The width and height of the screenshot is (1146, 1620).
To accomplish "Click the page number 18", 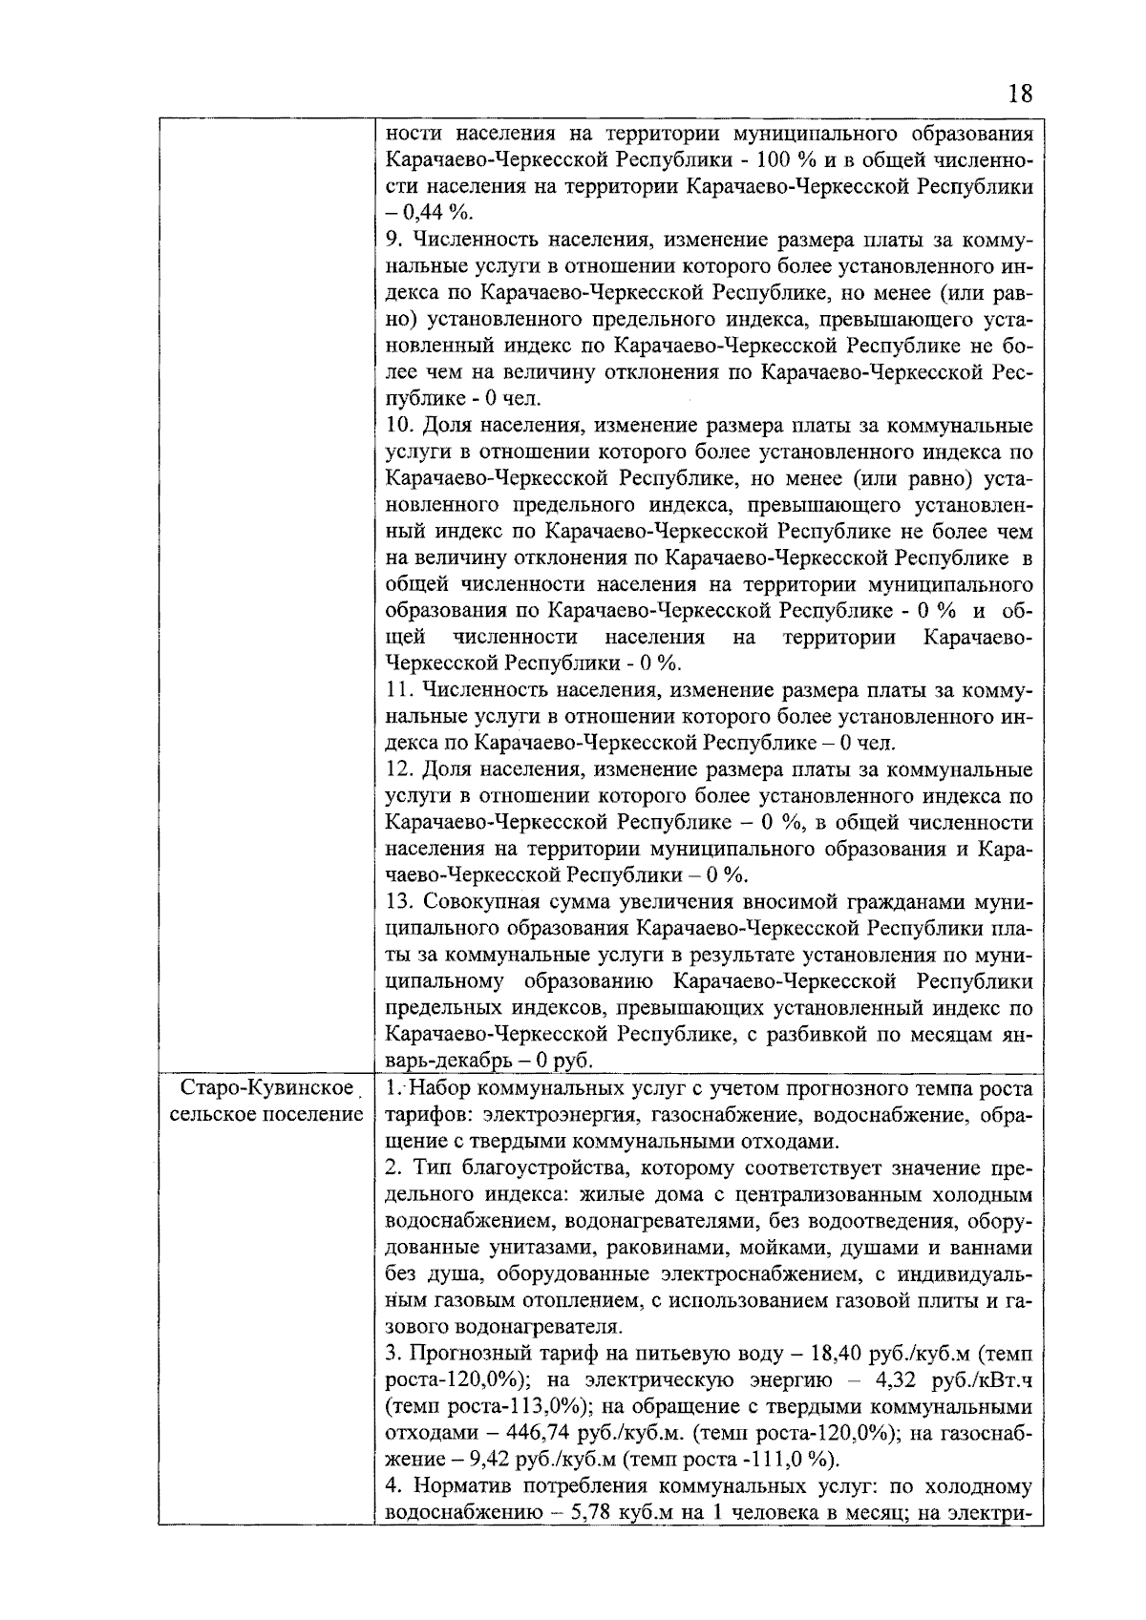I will [x=1019, y=94].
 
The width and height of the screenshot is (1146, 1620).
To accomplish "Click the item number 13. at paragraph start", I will [x=398, y=902].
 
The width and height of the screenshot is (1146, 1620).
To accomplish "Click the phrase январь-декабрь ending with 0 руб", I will [x=489, y=1061].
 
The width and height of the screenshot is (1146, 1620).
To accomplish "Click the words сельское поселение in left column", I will [x=264, y=1115].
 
